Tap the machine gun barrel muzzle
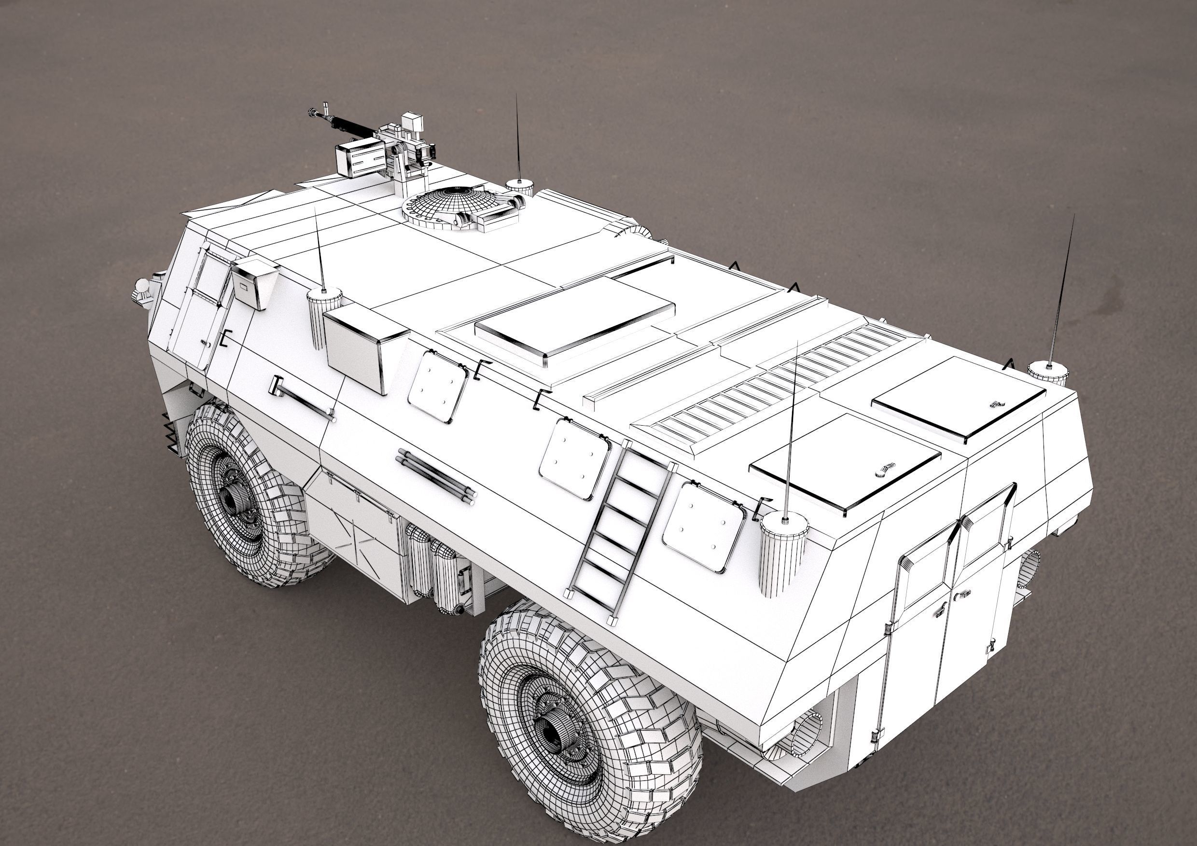coord(313,111)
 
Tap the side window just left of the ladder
coord(573,458)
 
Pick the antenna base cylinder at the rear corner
coord(783,553)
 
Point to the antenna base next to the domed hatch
coord(519,186)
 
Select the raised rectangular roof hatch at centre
coord(573,320)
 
